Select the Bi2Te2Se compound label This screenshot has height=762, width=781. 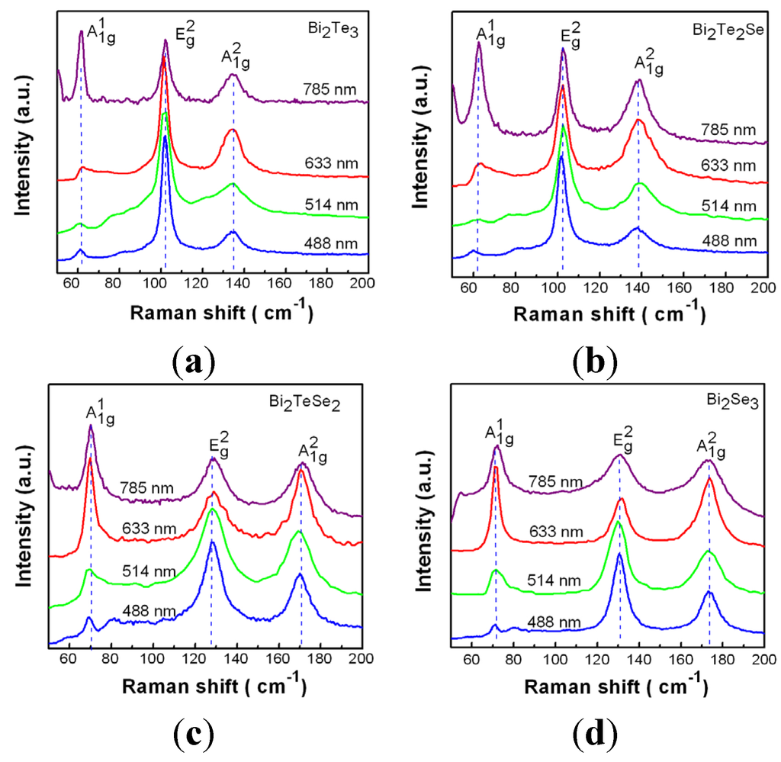click(727, 27)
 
